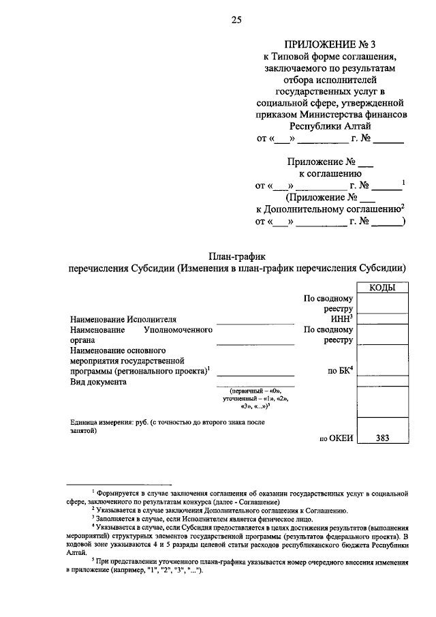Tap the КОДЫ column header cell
point(383,288)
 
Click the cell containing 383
point(383,438)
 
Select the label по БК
point(340,372)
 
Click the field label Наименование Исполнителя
point(123,319)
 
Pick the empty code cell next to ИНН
point(383,318)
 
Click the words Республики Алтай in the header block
point(330,126)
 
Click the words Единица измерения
point(109,423)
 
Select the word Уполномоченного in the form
point(174,329)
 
